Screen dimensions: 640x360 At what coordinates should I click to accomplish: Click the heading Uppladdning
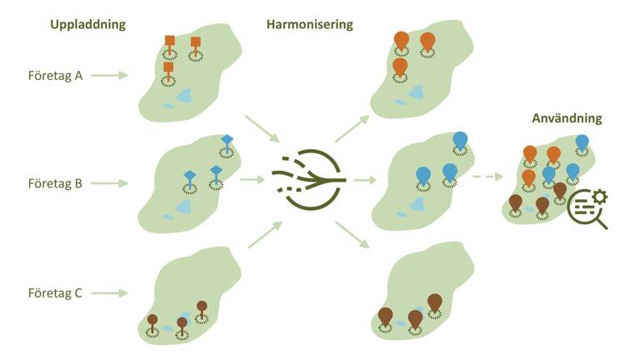87,24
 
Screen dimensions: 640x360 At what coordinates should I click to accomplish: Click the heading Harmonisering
310,24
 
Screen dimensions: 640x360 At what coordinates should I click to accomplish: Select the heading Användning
567,118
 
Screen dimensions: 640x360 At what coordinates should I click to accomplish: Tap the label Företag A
56,76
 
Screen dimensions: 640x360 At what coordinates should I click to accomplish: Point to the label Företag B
55,183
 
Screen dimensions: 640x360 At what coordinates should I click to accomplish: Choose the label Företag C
55,293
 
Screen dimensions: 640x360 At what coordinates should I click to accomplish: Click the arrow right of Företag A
109,75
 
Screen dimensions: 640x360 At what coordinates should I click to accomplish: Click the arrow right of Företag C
109,293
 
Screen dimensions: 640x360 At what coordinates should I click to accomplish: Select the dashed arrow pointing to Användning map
487,177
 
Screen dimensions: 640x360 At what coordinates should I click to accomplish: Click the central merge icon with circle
310,180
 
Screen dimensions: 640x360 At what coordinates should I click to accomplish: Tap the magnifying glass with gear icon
587,209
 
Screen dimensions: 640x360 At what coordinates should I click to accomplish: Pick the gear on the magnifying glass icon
600,197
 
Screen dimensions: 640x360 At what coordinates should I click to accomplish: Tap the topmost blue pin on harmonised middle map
460,141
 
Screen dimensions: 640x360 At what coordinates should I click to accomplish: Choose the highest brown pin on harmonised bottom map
435,303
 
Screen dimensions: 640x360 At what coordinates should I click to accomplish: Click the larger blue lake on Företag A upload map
185,96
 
